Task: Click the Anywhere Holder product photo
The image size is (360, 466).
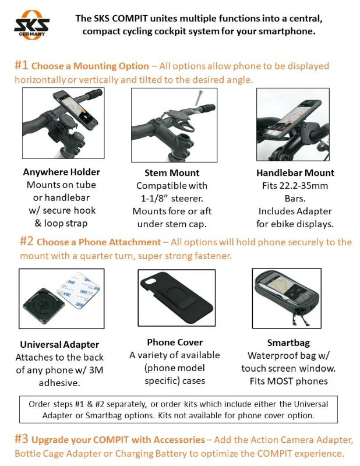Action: tap(61, 125)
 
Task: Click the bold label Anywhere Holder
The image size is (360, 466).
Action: tap(61, 172)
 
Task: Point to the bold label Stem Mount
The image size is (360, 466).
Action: tap(172, 173)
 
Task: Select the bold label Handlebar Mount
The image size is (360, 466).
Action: tap(295, 172)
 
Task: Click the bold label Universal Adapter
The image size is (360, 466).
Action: tap(59, 344)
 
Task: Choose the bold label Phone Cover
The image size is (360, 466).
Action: tap(174, 342)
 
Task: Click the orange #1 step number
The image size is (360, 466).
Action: tap(21, 66)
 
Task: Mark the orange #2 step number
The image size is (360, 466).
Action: tap(26, 241)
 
